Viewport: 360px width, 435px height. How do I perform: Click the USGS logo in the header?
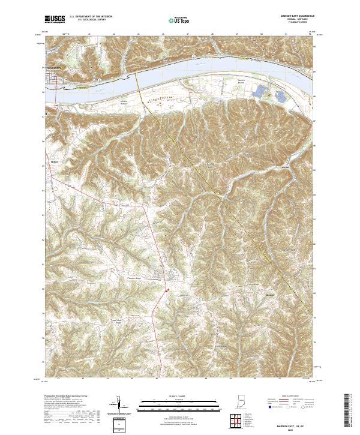[x=54, y=20]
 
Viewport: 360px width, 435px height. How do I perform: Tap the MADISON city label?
[x=54, y=68]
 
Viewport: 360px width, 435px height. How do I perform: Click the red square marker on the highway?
[x=167, y=292]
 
